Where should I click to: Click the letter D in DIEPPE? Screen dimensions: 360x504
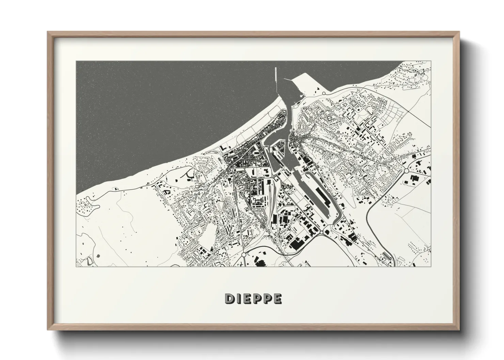(x=230, y=298)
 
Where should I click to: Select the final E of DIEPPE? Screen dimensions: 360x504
(x=278, y=298)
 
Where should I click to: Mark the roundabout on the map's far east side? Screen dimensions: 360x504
(x=406, y=170)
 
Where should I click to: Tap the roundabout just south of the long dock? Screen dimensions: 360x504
(x=321, y=232)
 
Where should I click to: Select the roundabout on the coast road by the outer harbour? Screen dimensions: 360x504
(x=324, y=93)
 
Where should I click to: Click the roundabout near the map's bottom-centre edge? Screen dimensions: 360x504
(x=244, y=254)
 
